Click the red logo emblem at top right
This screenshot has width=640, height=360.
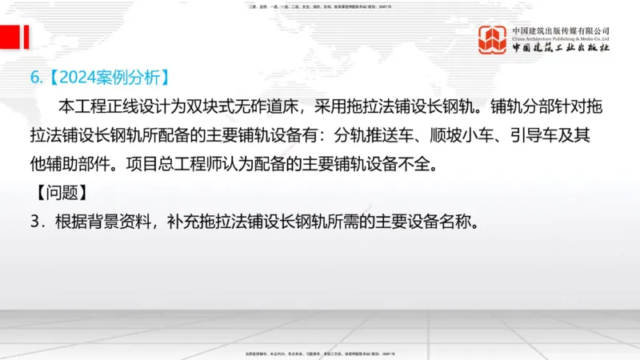493,40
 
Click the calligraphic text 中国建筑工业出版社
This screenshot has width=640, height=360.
561,49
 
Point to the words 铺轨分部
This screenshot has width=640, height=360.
522,106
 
